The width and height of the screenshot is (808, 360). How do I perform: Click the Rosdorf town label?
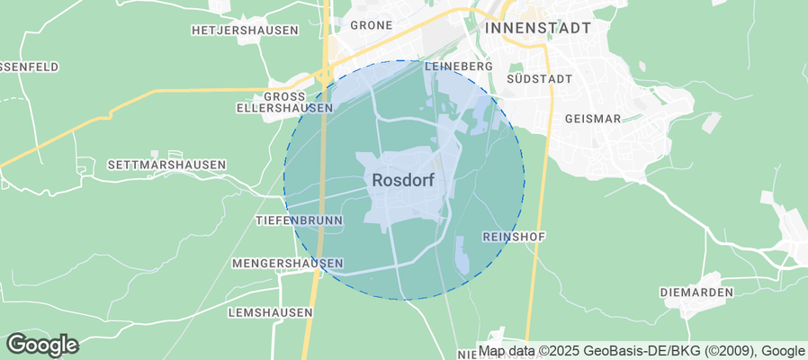coord(403,180)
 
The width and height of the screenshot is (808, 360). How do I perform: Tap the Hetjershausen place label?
coord(245,30)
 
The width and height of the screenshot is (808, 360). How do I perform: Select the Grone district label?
coord(371,25)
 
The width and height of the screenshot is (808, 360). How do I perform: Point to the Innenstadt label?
coord(537,28)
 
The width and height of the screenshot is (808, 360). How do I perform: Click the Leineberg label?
coord(459,67)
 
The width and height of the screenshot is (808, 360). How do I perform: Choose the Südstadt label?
coord(540,78)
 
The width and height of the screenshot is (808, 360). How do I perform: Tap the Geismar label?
coord(593,118)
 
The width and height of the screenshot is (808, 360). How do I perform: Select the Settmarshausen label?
coord(166,165)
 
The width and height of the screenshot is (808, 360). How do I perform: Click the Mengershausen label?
coord(287,263)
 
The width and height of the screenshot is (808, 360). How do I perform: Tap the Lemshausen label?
coord(270,311)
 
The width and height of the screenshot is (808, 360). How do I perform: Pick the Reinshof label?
coord(515,236)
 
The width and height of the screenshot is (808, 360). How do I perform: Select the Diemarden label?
coord(696,292)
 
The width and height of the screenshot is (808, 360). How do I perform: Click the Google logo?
coord(42,344)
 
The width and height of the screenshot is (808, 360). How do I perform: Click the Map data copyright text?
coord(642,351)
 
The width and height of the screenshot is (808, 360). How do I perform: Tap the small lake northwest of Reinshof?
coord(462,255)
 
